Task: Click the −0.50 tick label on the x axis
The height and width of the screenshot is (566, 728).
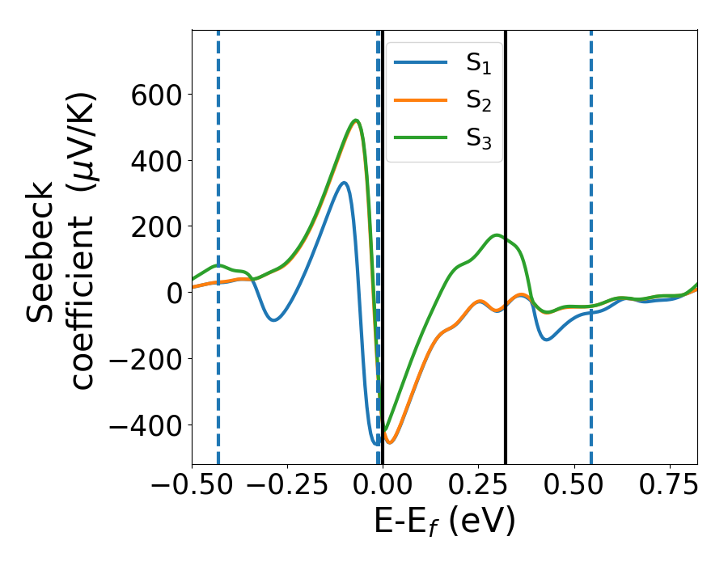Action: [x=191, y=488]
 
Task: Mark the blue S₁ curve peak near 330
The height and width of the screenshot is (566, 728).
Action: [x=344, y=183]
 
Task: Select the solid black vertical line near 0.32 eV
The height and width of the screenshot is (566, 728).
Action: [x=506, y=243]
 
